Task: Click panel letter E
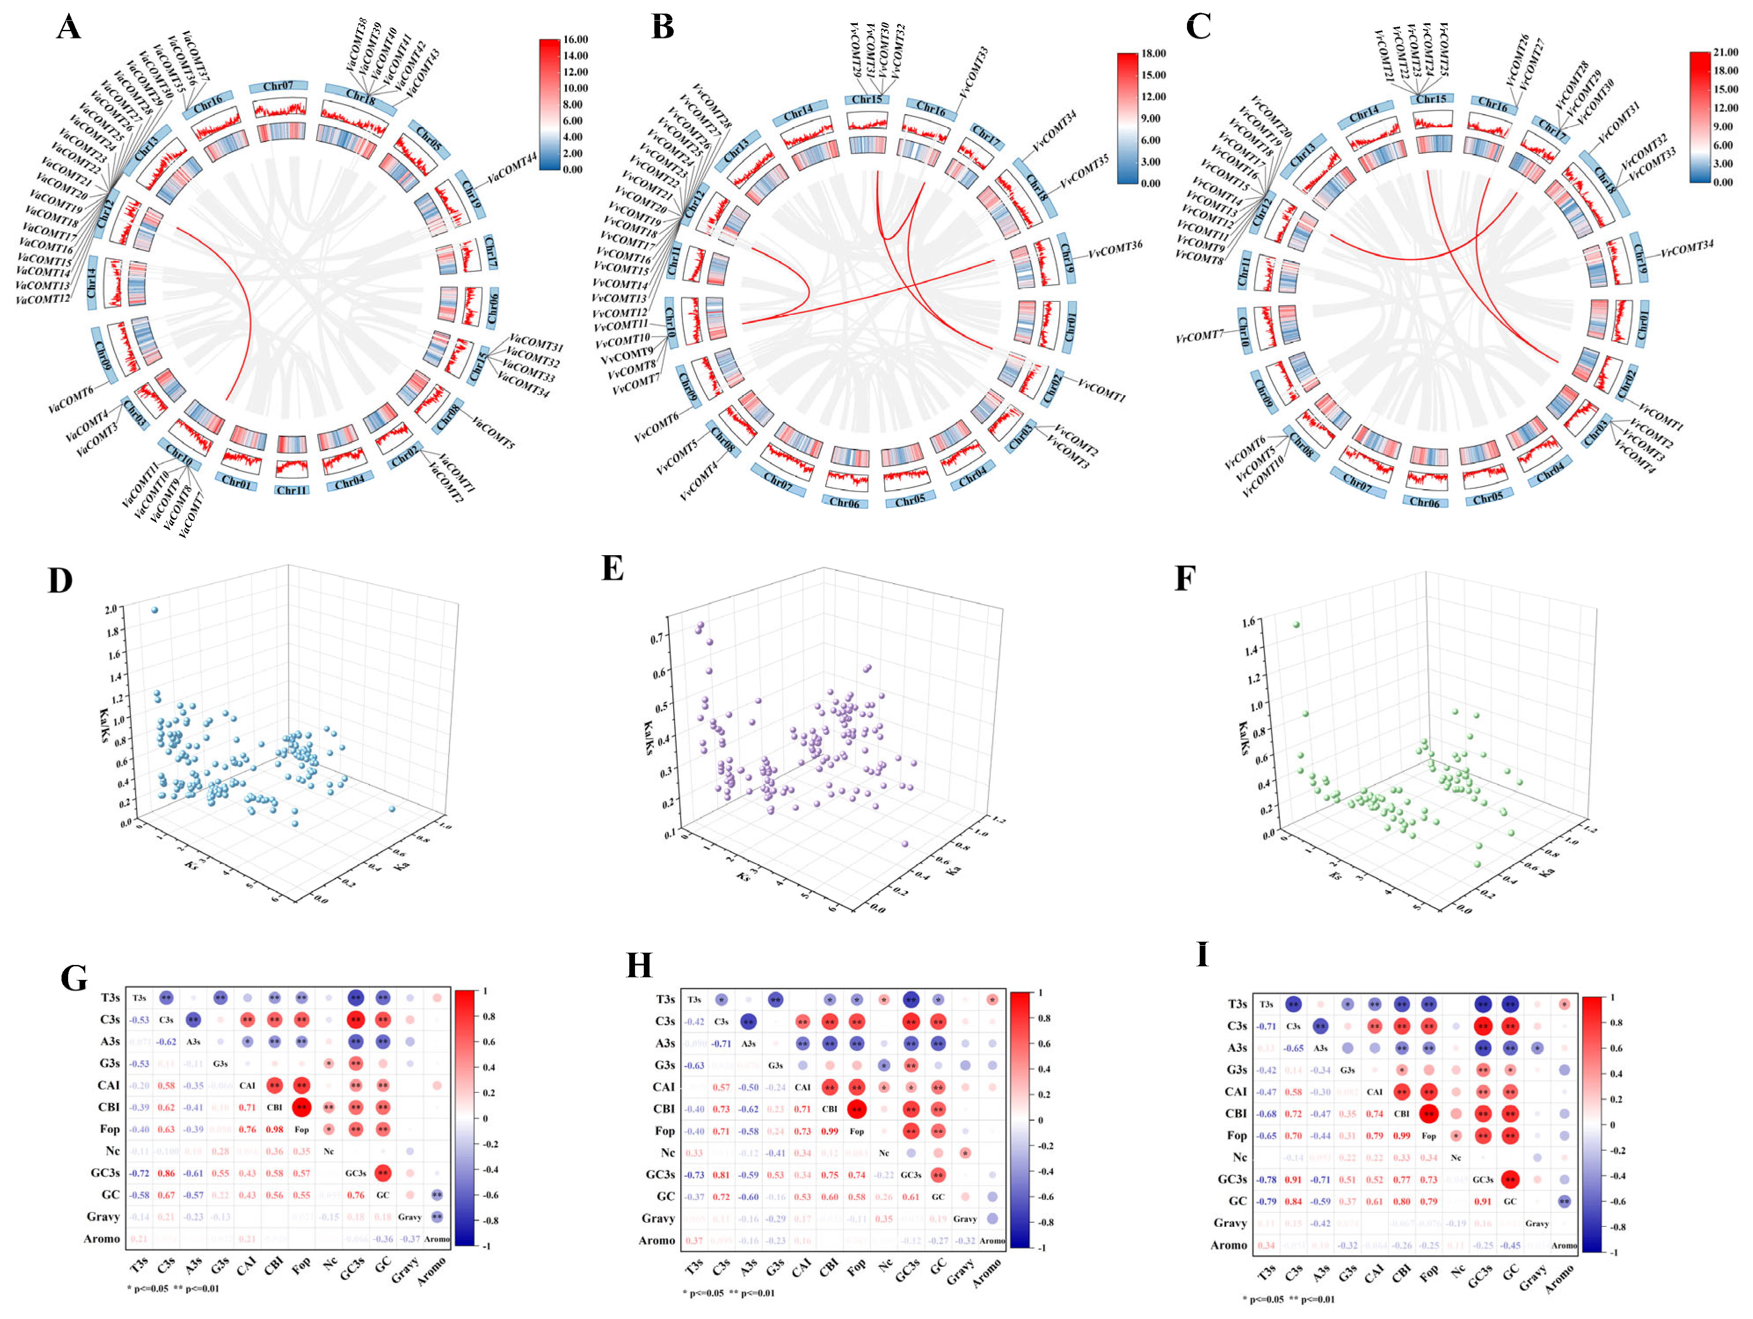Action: coord(613,568)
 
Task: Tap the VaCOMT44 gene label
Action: coord(511,168)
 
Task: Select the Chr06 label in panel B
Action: coord(844,502)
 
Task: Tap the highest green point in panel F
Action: coord(1296,624)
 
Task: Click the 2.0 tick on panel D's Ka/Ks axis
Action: coord(110,608)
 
